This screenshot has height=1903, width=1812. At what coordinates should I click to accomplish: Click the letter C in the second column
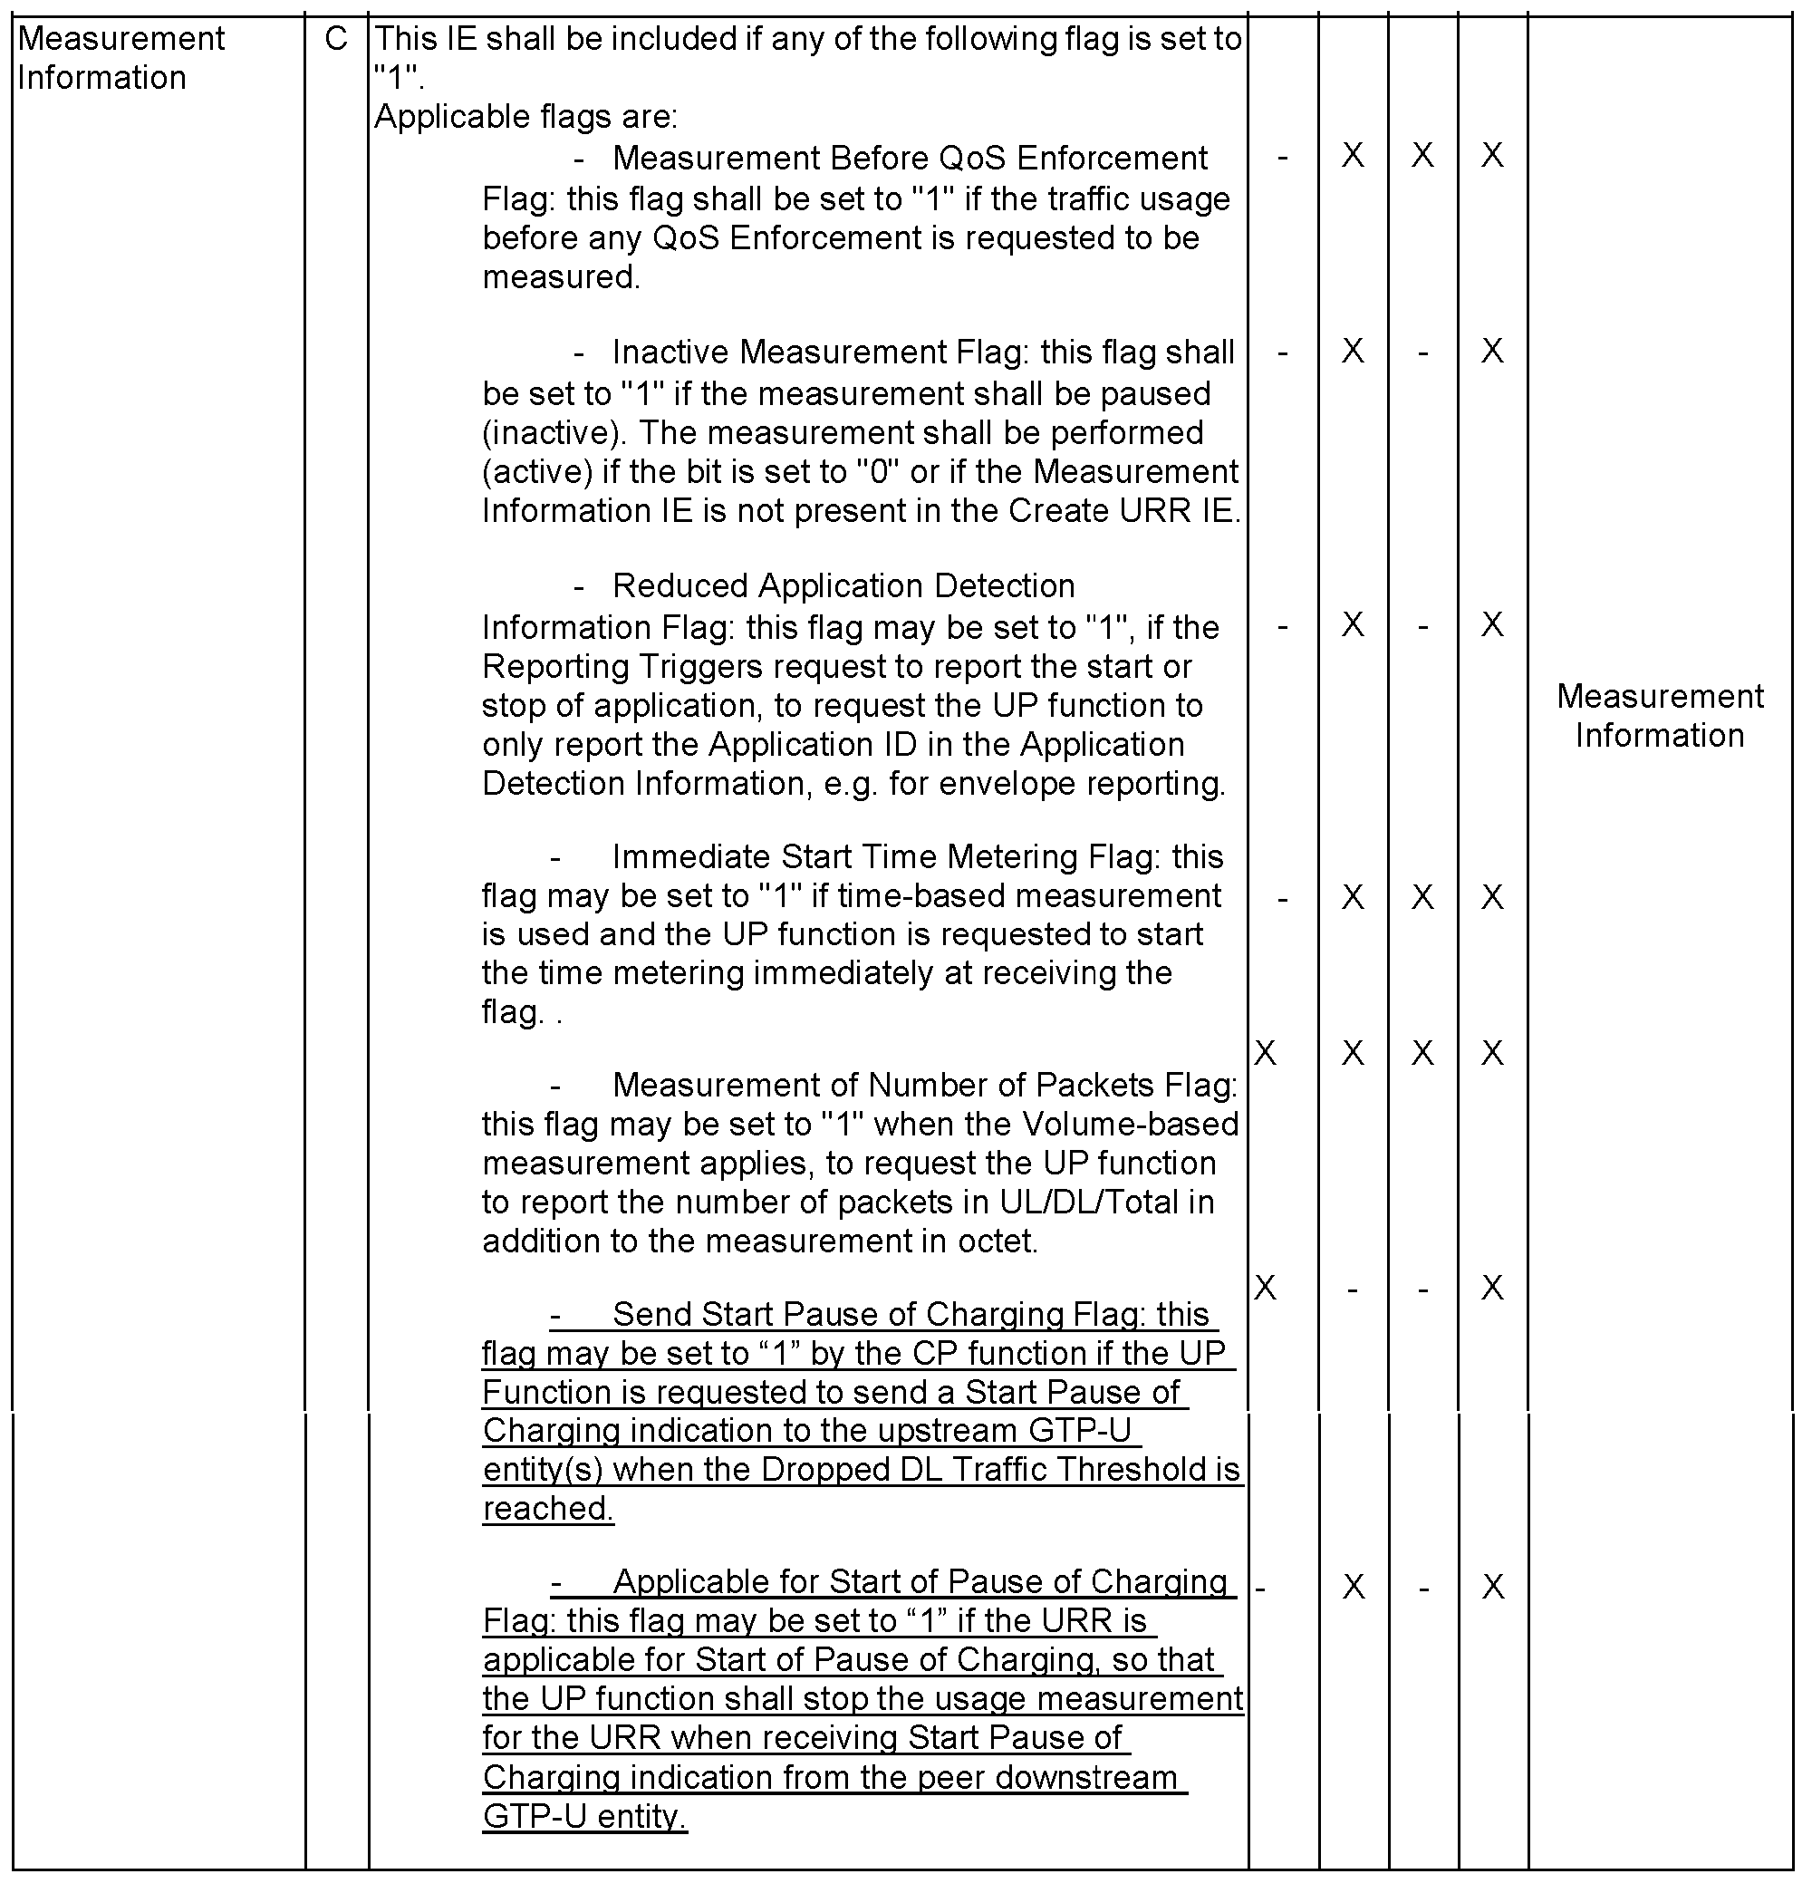pos(335,39)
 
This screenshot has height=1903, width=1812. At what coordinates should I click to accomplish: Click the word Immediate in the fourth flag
pos(691,857)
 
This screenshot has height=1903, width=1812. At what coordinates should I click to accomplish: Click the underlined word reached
pos(547,1509)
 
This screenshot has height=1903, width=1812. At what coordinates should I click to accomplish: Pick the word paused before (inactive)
pos(1159,394)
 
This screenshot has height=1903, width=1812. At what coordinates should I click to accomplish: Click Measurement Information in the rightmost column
pos(1660,716)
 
